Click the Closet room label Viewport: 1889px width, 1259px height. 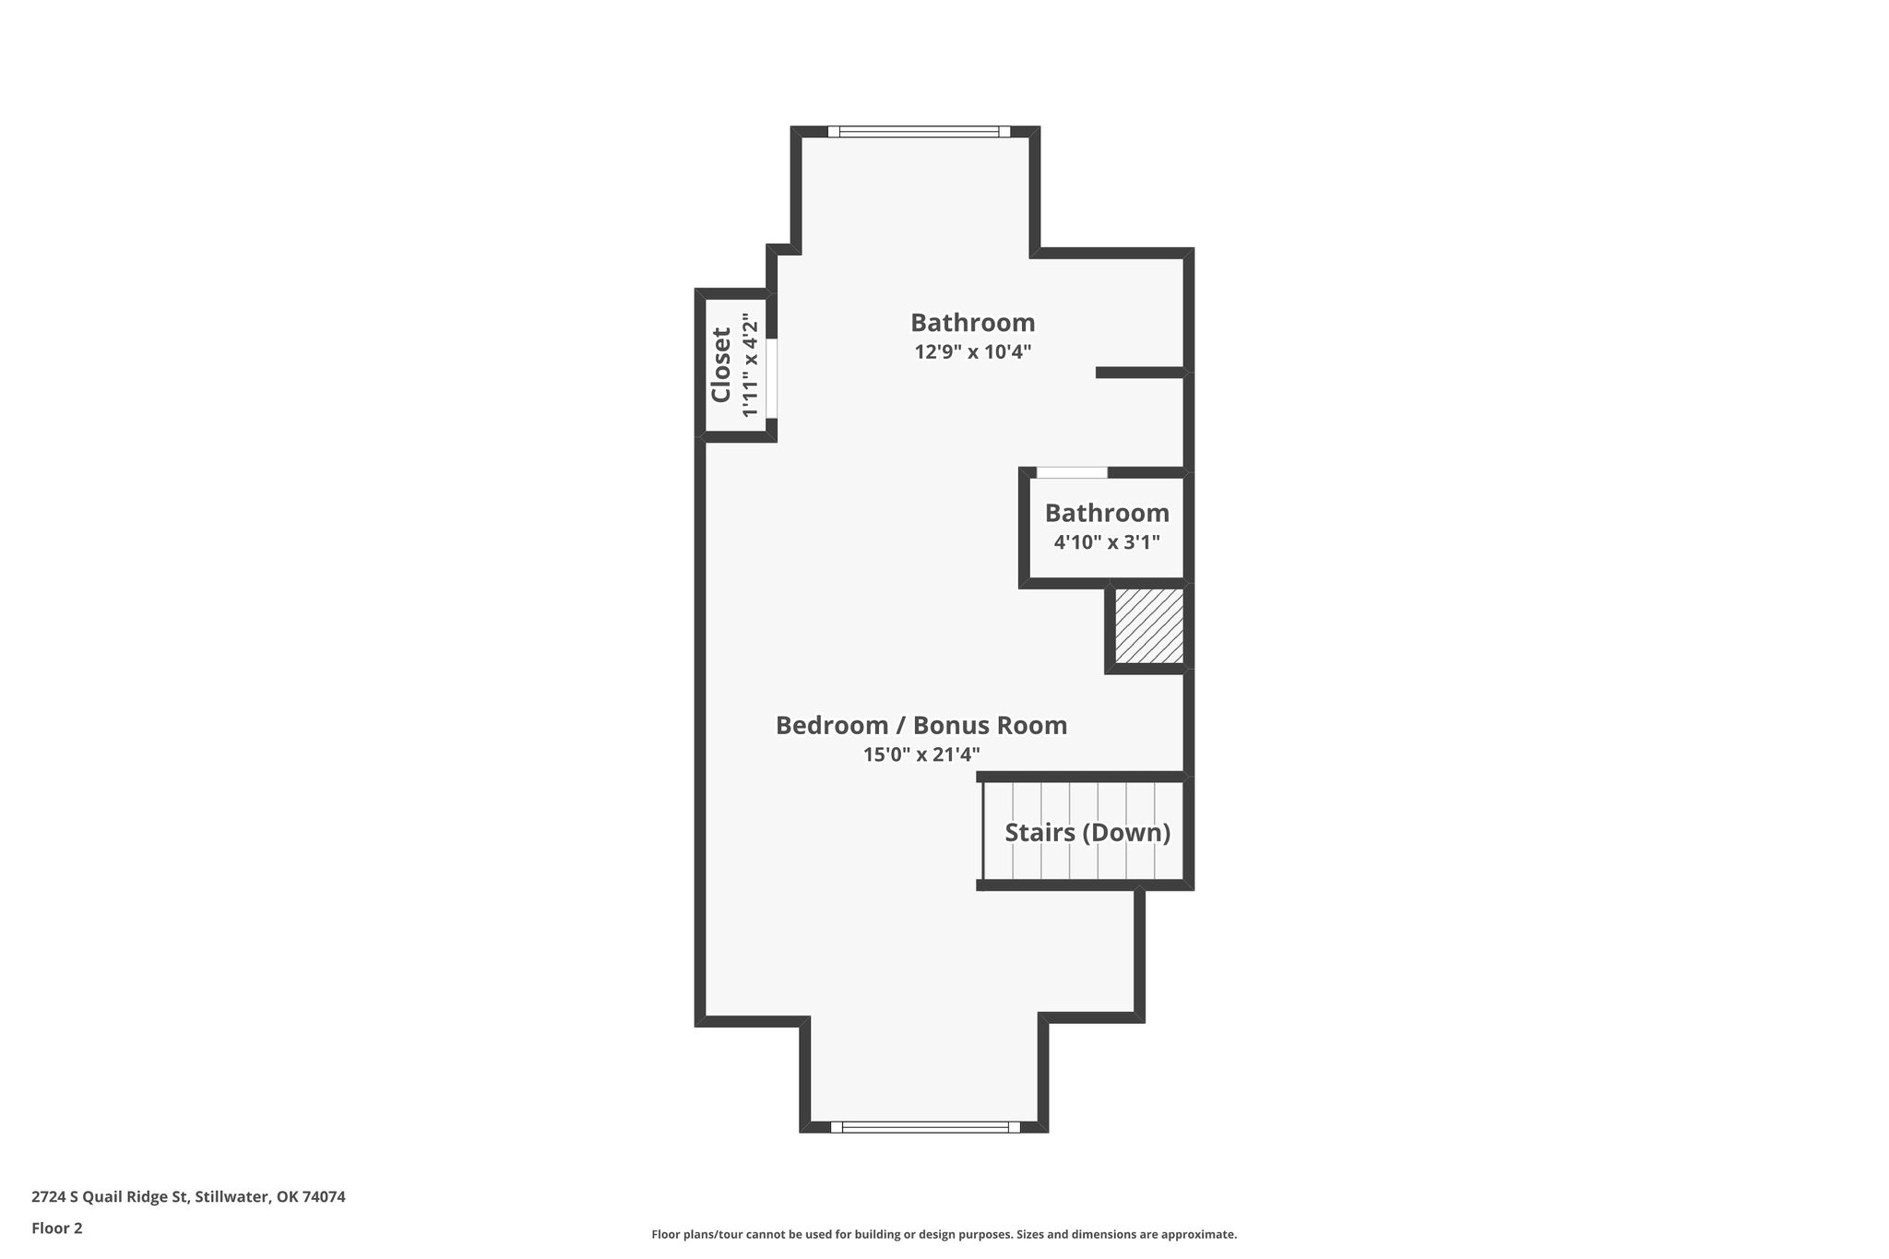coord(720,365)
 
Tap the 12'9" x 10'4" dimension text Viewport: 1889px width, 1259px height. coord(972,351)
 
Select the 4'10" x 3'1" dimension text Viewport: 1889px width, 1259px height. coord(1107,541)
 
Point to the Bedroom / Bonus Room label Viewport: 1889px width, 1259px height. coord(921,725)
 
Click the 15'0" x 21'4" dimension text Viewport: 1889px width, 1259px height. coord(921,754)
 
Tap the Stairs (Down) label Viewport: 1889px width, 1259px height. coord(1087,833)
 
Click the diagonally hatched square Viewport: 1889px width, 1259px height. coord(1148,625)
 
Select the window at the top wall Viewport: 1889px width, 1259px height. coord(919,131)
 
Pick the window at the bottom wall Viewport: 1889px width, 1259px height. coord(925,1126)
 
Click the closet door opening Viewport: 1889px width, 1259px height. coord(772,378)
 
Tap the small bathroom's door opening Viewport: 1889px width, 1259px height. coord(1072,472)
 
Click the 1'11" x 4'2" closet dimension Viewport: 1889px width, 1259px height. coord(750,365)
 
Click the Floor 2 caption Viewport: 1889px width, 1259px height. coord(57,1229)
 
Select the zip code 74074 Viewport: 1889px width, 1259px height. coord(324,1197)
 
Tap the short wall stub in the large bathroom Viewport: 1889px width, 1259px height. coord(1139,373)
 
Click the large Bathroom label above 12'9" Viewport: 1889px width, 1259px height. coord(972,323)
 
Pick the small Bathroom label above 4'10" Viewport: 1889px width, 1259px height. coord(1107,513)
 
